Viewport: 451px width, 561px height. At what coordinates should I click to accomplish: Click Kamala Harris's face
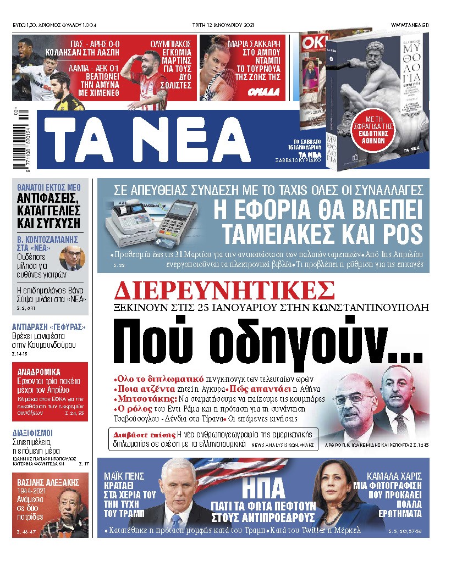[x=337, y=491]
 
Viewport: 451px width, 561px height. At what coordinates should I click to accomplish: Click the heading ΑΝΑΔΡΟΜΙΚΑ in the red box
[x=38, y=371]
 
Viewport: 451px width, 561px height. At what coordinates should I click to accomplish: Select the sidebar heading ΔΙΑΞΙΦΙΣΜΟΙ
[x=37, y=432]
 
